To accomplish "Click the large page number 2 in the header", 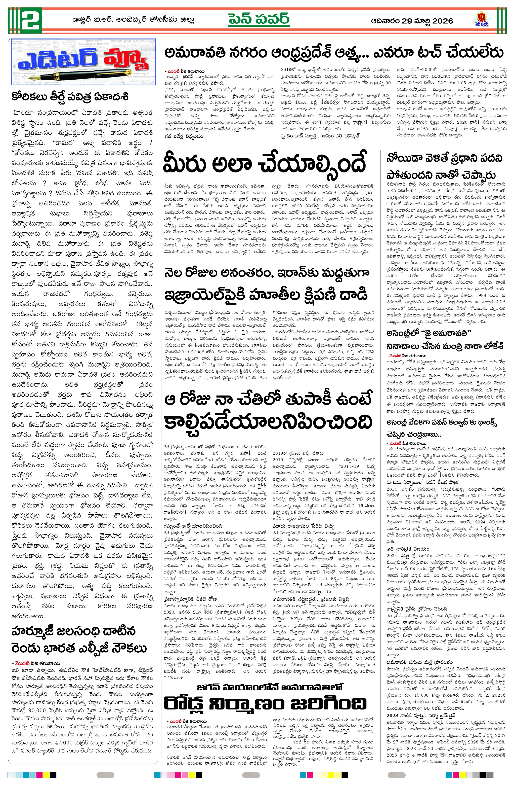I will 31,20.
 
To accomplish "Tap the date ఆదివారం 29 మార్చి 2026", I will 412,21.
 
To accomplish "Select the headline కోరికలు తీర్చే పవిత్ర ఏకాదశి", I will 70,97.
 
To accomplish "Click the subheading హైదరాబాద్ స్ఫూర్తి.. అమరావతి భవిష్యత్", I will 320,135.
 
